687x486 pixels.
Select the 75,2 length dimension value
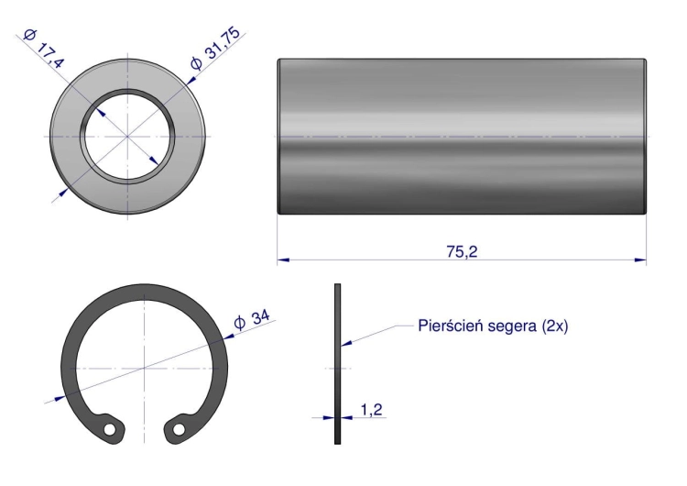click(x=462, y=252)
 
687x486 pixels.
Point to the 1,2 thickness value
click(x=372, y=410)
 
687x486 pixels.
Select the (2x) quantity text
click(x=555, y=326)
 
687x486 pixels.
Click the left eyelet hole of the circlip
click(x=110, y=429)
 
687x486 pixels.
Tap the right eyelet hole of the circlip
click(x=179, y=429)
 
